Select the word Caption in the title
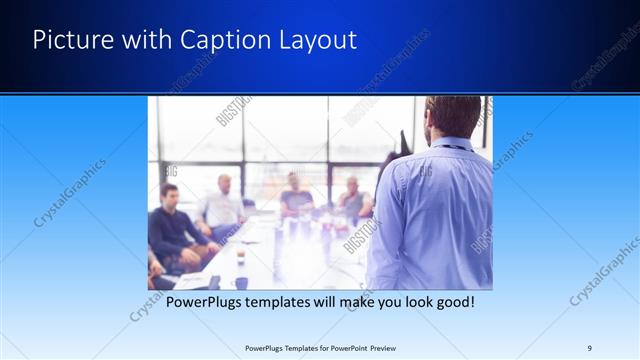(219, 41)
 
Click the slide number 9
(590, 348)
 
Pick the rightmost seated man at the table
(352, 199)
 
